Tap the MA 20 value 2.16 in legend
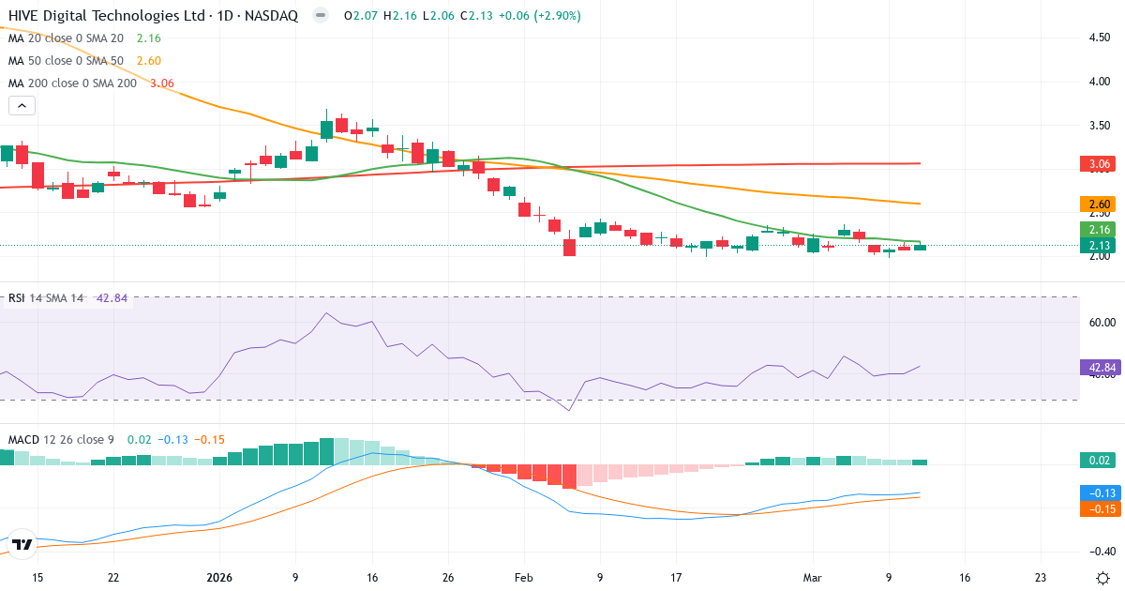click(x=149, y=38)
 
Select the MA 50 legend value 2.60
click(x=149, y=61)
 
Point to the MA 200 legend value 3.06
click(x=162, y=83)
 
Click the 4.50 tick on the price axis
click(x=1100, y=38)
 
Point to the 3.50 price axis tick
click(x=1100, y=125)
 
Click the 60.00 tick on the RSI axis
click(x=1100, y=322)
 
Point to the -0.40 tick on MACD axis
click(x=1100, y=552)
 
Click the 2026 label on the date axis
click(x=218, y=578)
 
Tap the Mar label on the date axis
click(x=812, y=578)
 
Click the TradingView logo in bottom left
click(x=22, y=544)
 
